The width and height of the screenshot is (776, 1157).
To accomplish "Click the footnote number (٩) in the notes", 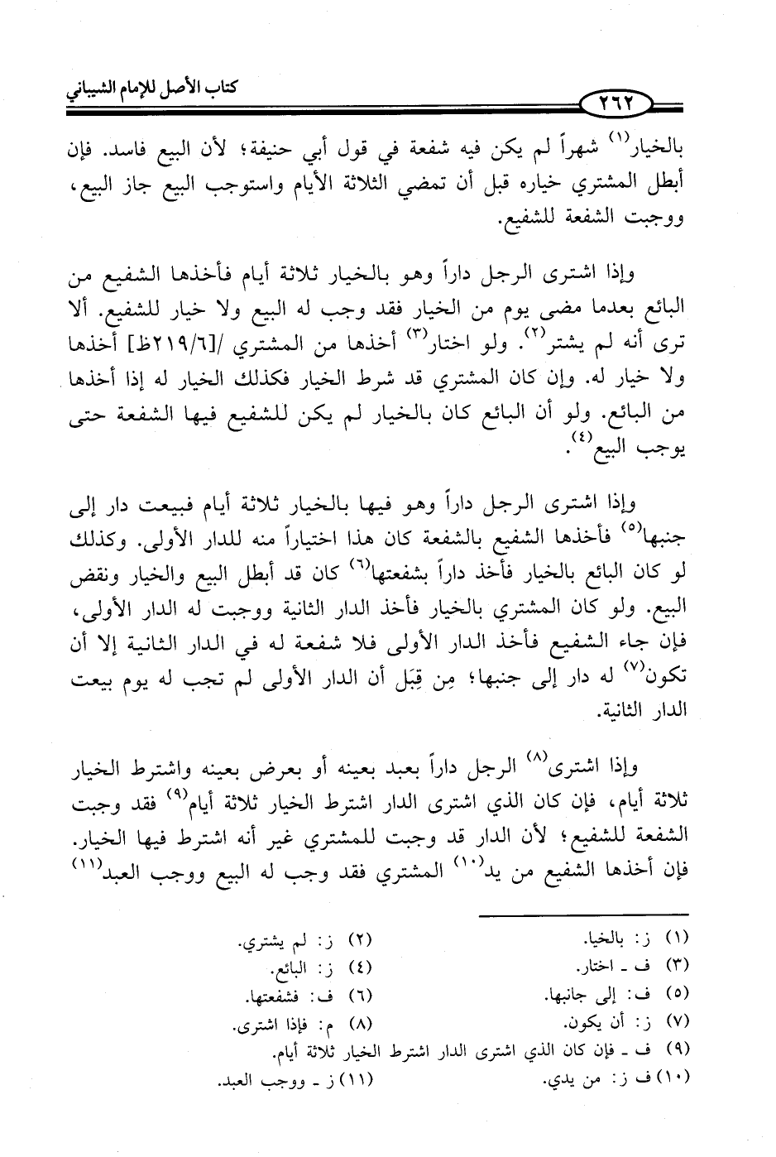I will click(x=676, y=1045).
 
